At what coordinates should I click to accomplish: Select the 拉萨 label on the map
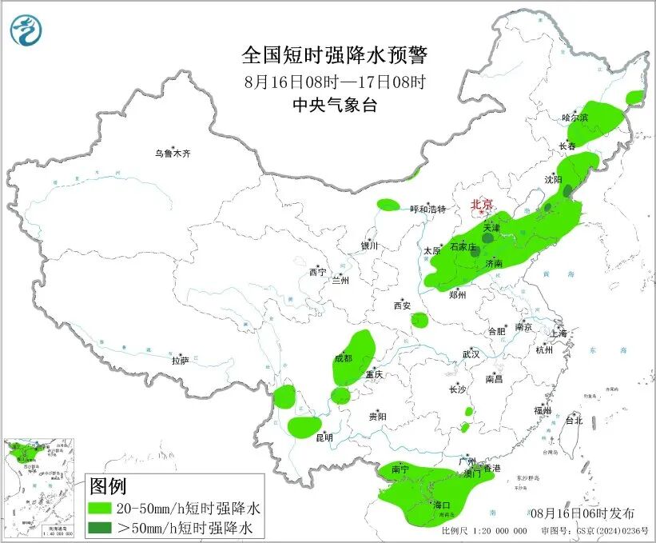point(180,361)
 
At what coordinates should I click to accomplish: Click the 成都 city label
point(343,358)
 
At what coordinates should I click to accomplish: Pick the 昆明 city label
point(324,437)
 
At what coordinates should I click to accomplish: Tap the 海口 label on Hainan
point(441,505)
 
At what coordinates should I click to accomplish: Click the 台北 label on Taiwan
point(574,420)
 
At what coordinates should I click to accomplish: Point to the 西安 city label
point(401,305)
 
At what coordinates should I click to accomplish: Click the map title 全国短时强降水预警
point(336,55)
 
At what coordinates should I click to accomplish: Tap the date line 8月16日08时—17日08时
point(336,81)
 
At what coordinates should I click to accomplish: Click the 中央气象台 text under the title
point(336,105)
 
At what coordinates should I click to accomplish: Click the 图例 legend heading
point(108,485)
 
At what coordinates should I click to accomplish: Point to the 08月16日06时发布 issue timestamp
point(583,513)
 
